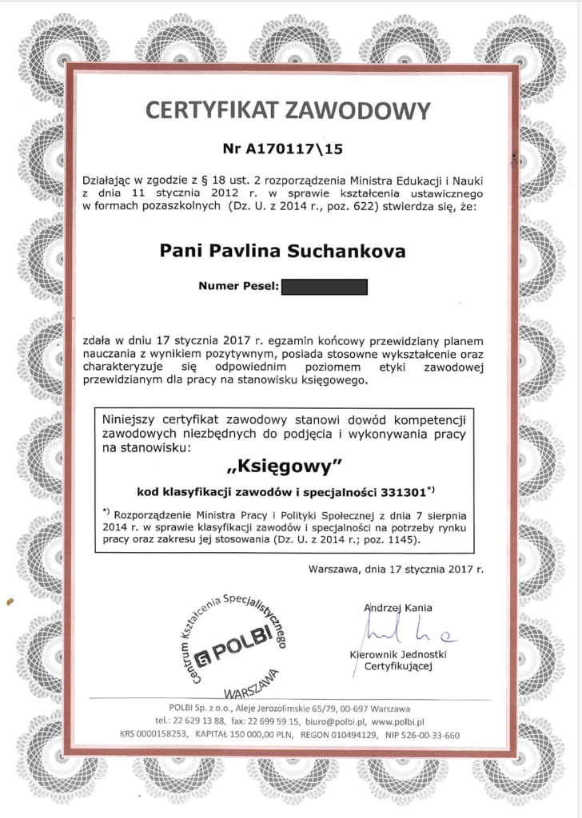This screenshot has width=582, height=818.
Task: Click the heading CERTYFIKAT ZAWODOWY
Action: [x=289, y=109]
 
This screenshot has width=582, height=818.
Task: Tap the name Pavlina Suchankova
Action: [x=319, y=251]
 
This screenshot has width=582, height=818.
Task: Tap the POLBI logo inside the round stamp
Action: [x=228, y=651]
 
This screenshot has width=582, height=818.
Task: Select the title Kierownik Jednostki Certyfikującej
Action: [x=398, y=660]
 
